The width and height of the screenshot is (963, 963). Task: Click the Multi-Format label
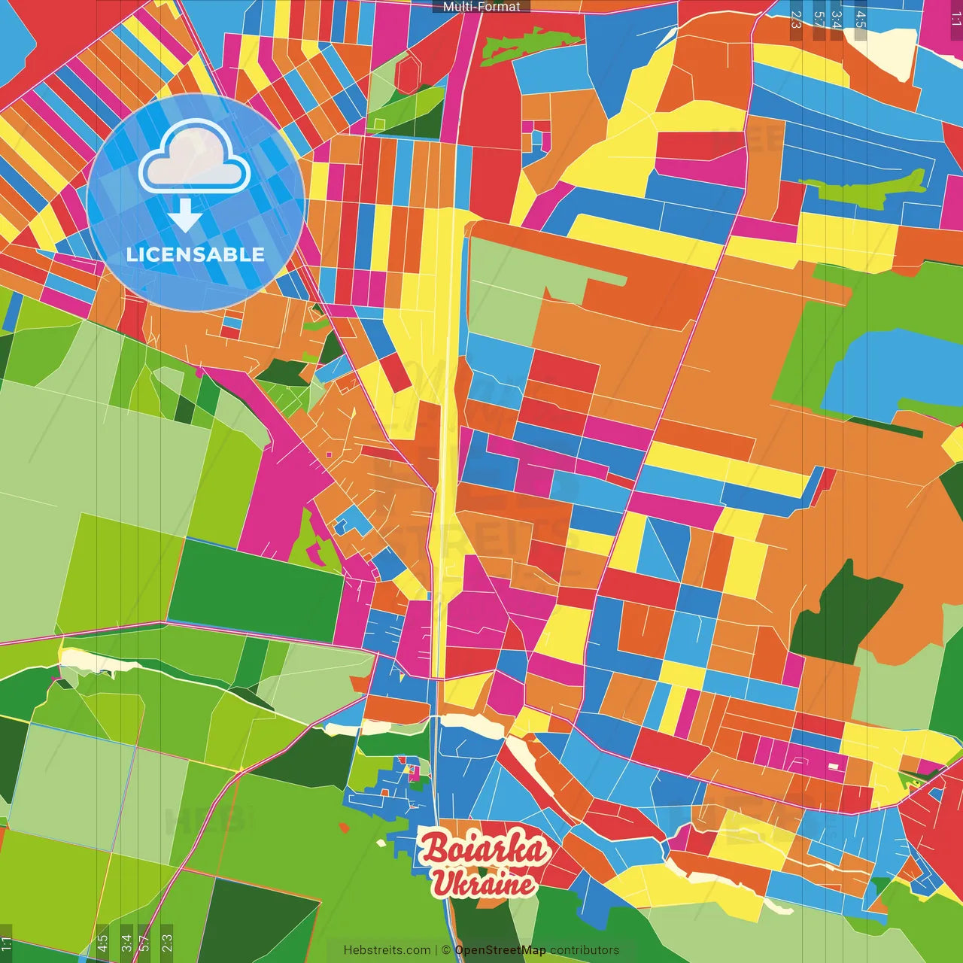(481, 7)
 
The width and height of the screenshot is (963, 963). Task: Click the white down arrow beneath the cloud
(185, 216)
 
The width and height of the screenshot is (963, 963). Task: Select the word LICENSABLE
(196, 255)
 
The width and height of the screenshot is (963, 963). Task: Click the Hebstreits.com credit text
(387, 950)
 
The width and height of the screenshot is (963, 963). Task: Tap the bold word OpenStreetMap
(500, 950)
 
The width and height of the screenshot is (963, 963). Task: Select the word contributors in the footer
(585, 950)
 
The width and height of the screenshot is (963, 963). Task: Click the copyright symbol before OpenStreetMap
(446, 950)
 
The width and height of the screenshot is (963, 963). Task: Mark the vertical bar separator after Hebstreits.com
(436, 950)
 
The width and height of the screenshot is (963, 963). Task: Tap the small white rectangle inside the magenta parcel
(833, 766)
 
